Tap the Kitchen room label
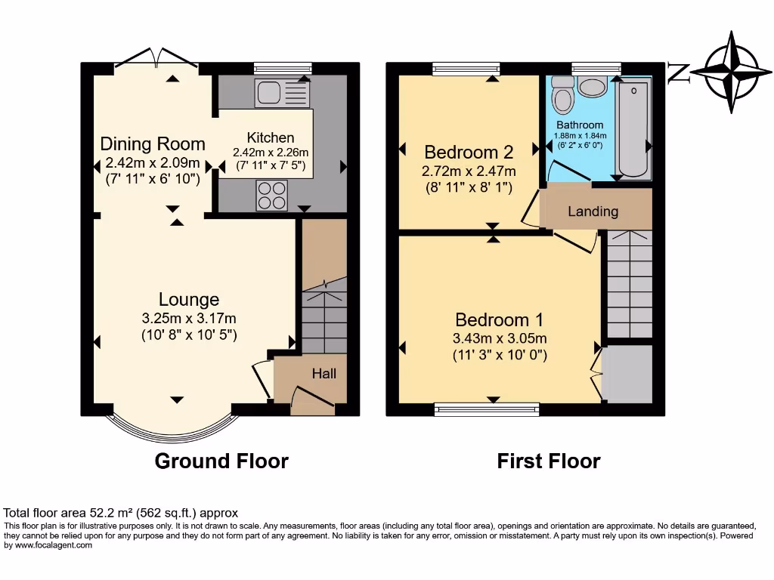(x=270, y=137)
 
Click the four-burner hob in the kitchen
(x=274, y=195)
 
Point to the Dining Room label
(x=153, y=143)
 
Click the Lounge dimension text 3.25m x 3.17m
(x=189, y=318)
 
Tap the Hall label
(x=324, y=373)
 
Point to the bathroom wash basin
(x=591, y=86)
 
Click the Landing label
(x=593, y=211)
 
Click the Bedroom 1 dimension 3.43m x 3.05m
(x=499, y=338)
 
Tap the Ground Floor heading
(x=221, y=461)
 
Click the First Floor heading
(x=548, y=461)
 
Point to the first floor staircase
(x=630, y=283)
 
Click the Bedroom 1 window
(x=487, y=409)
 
